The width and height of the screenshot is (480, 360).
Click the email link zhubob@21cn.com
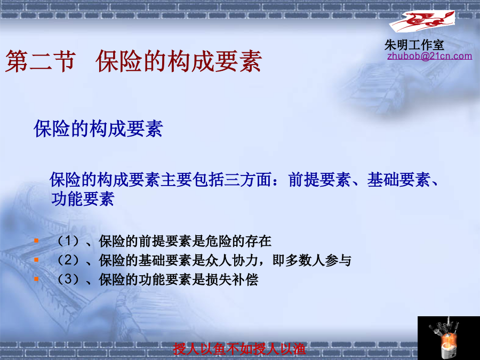click(x=429, y=56)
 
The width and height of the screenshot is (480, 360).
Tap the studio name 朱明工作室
click(x=414, y=45)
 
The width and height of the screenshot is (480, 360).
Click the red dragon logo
click(x=422, y=21)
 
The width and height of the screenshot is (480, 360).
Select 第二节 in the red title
click(x=41, y=61)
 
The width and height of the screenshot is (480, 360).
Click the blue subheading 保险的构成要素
click(x=98, y=128)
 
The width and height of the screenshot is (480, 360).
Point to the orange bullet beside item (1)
click(x=36, y=241)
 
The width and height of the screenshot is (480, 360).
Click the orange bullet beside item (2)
click(x=36, y=260)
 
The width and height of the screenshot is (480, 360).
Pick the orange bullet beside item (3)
click(x=36, y=279)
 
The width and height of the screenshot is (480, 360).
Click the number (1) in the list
click(x=68, y=241)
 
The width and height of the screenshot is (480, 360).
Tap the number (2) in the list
click(x=68, y=260)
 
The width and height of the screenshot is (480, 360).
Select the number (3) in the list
click(x=68, y=279)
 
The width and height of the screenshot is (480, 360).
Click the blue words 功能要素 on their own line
click(x=83, y=199)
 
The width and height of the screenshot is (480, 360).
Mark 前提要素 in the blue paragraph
click(x=319, y=180)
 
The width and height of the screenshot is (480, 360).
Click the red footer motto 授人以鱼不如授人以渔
click(x=239, y=349)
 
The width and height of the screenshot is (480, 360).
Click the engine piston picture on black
click(x=449, y=338)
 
